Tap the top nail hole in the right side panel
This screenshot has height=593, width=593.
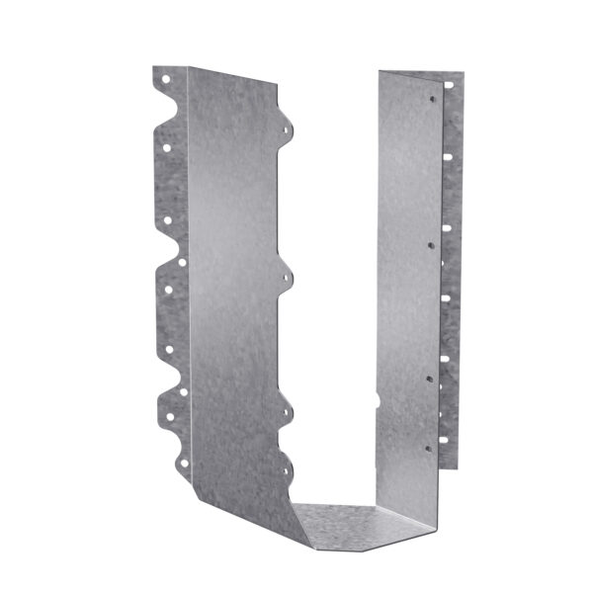point(432,99)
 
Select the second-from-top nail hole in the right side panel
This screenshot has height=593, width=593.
point(429,239)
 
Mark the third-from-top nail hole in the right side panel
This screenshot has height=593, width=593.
point(428,377)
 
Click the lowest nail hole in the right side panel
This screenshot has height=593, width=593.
point(427,447)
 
